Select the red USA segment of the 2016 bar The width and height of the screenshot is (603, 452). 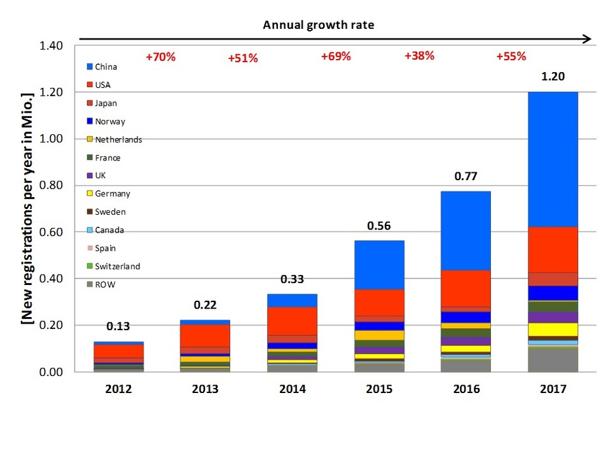[465, 288]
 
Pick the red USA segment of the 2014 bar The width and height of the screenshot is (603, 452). [292, 321]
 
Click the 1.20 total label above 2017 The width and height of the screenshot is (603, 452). [553, 77]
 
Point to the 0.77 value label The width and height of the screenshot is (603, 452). [465, 176]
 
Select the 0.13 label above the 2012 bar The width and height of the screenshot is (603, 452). [118, 327]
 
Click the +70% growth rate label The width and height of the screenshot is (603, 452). [161, 57]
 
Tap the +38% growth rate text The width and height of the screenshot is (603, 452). [419, 56]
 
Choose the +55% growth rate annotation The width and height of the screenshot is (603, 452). [511, 56]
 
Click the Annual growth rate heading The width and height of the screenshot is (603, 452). [319, 25]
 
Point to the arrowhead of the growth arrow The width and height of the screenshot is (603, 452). [587, 39]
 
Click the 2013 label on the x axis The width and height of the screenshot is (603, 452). [205, 389]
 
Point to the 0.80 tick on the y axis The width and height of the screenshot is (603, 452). [52, 185]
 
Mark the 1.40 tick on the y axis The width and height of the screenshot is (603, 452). [52, 46]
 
